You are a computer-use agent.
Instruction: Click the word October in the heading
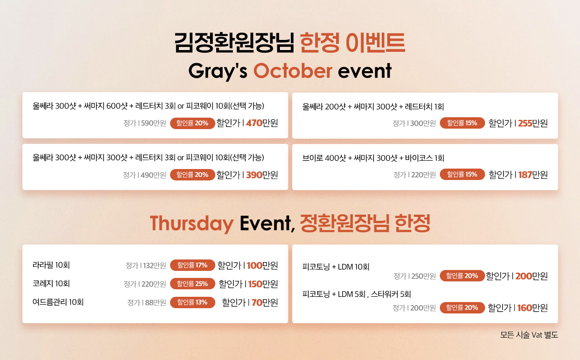(293, 71)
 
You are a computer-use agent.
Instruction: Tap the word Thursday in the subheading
(192, 223)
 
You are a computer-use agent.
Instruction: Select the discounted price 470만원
(262, 123)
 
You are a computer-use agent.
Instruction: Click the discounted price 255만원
(533, 123)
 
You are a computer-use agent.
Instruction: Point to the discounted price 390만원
(262, 175)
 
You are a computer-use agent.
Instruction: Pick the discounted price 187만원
(533, 175)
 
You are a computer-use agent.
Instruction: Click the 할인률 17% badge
(192, 265)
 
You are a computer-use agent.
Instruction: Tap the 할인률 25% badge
(192, 284)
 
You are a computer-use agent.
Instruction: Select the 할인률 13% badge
(192, 302)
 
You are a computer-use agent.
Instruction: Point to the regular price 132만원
(154, 266)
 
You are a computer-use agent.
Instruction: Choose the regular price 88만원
(156, 302)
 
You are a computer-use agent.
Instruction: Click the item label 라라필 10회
(51, 265)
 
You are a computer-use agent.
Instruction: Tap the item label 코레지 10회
(51, 284)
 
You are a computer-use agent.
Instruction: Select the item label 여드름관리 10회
(58, 302)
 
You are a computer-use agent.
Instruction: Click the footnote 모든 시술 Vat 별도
(529, 335)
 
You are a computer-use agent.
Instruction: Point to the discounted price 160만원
(533, 308)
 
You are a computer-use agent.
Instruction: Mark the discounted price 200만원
(532, 276)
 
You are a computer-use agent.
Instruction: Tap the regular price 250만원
(424, 276)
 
